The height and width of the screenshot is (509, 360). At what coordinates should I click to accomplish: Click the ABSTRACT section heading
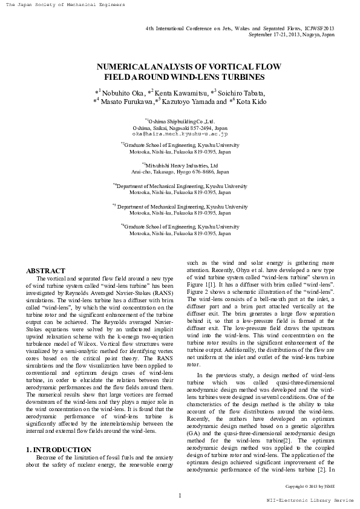pos(45,271)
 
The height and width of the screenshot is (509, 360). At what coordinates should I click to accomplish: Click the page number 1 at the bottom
pos(180,496)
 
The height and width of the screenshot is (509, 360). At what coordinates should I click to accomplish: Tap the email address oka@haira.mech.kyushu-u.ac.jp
pos(179,134)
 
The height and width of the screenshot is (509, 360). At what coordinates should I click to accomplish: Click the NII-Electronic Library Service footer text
pos(310,501)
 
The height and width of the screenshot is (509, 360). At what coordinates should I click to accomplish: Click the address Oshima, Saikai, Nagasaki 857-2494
pos(179,128)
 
